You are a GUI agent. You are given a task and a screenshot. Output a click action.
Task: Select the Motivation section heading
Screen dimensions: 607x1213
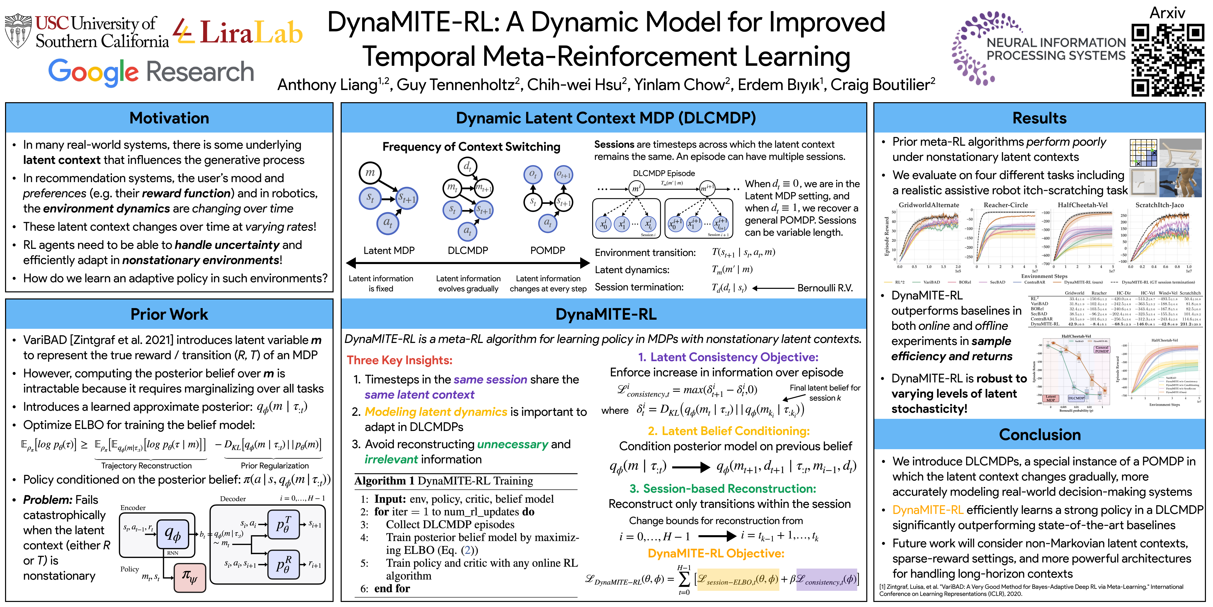[169, 118]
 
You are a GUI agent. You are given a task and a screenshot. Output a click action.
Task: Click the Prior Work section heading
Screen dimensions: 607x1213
[169, 314]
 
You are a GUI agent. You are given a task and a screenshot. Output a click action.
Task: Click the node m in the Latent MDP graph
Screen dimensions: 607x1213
[370, 172]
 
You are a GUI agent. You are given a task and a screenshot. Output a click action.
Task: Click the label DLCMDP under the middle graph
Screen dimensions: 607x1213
[468, 250]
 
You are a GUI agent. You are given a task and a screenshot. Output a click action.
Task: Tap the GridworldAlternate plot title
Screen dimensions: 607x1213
[929, 205]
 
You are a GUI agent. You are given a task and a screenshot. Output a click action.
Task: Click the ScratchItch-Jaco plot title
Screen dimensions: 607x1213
[1159, 205]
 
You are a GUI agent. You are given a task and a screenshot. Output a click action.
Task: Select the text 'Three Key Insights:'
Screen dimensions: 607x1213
[399, 360]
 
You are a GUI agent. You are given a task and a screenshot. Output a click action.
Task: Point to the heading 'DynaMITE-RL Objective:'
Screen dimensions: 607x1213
[716, 553]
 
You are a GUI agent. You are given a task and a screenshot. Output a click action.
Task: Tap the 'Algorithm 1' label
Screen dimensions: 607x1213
[384, 481]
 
